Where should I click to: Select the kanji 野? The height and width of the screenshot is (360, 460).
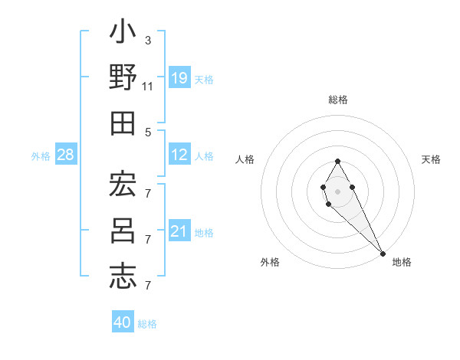(123, 79)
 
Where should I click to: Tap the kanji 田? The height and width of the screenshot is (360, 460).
(123, 123)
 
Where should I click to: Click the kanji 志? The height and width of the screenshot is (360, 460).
(123, 276)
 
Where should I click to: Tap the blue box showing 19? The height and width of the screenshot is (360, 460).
(179, 78)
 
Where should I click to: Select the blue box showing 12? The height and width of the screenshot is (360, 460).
(179, 155)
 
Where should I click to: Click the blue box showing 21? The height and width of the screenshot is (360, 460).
(179, 232)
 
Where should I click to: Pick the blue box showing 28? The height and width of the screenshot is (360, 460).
(66, 155)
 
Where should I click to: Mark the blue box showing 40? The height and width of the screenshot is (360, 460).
(123, 322)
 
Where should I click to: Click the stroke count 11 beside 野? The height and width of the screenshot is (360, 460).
(147, 87)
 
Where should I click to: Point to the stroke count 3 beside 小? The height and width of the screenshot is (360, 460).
(147, 40)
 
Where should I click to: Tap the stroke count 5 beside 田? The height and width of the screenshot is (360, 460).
(147, 132)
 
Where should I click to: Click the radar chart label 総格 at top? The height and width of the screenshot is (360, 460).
(338, 100)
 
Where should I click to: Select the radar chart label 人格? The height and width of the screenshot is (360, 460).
(245, 159)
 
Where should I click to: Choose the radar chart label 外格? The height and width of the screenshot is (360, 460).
(270, 262)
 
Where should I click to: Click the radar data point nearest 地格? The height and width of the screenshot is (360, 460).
(383, 253)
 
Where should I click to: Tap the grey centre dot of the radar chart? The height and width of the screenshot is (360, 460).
(338, 191)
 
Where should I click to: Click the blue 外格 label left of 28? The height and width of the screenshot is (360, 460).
(41, 156)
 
